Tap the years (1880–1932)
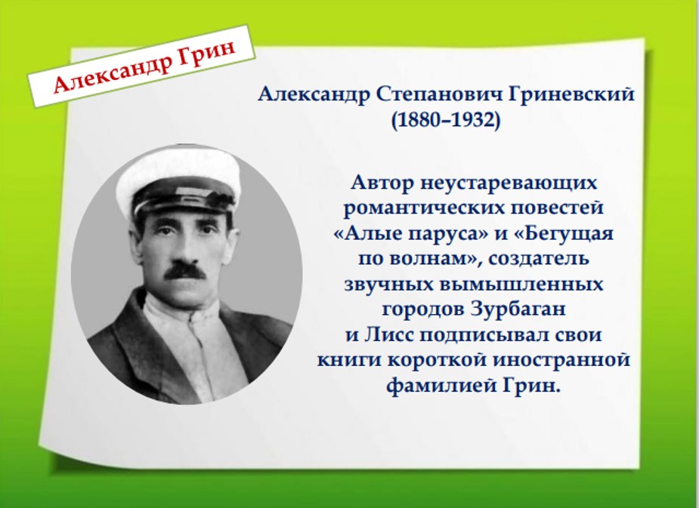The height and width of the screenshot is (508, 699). [x=446, y=120]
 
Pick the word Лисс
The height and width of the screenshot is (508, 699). [x=387, y=334]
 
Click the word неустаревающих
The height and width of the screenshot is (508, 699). [x=509, y=183]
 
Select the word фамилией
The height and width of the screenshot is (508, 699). [x=441, y=386]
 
